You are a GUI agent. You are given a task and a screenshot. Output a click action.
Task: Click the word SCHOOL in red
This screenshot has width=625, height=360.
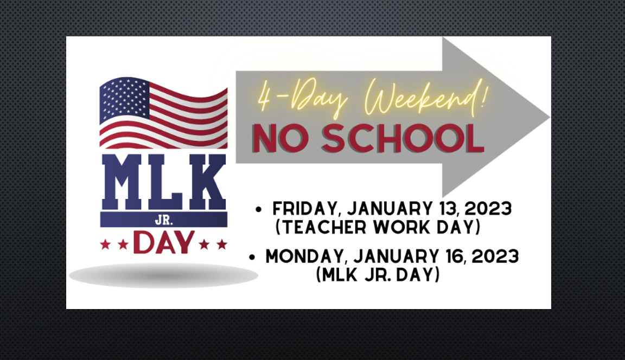pyautogui.click(x=403, y=138)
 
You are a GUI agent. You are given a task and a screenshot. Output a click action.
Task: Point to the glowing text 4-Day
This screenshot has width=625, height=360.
pyautogui.click(x=303, y=98)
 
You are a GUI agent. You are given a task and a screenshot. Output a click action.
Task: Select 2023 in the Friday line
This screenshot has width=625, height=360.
pyautogui.click(x=488, y=209)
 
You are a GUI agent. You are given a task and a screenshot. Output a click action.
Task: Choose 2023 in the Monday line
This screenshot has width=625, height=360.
pyautogui.click(x=495, y=256)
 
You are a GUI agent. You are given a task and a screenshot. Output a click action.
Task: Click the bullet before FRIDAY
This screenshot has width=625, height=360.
pyautogui.click(x=259, y=209)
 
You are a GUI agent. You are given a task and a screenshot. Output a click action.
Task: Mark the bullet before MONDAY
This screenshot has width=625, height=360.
pyautogui.click(x=252, y=257)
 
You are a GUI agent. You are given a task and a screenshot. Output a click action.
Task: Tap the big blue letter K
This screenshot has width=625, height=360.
pyautogui.click(x=207, y=182)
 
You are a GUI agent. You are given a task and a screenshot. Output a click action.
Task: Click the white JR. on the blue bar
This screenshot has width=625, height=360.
pyautogui.click(x=164, y=220)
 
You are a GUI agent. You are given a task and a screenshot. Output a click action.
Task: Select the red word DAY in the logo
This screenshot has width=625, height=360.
pyautogui.click(x=164, y=242)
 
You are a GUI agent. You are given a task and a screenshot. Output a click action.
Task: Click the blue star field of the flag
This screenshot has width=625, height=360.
pyautogui.click(x=124, y=98)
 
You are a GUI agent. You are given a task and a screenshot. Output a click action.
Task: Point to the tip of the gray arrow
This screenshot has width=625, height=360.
pyautogui.click(x=550, y=117)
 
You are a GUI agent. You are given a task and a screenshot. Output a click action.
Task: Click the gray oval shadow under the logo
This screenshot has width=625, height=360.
pyautogui.click(x=164, y=275)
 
